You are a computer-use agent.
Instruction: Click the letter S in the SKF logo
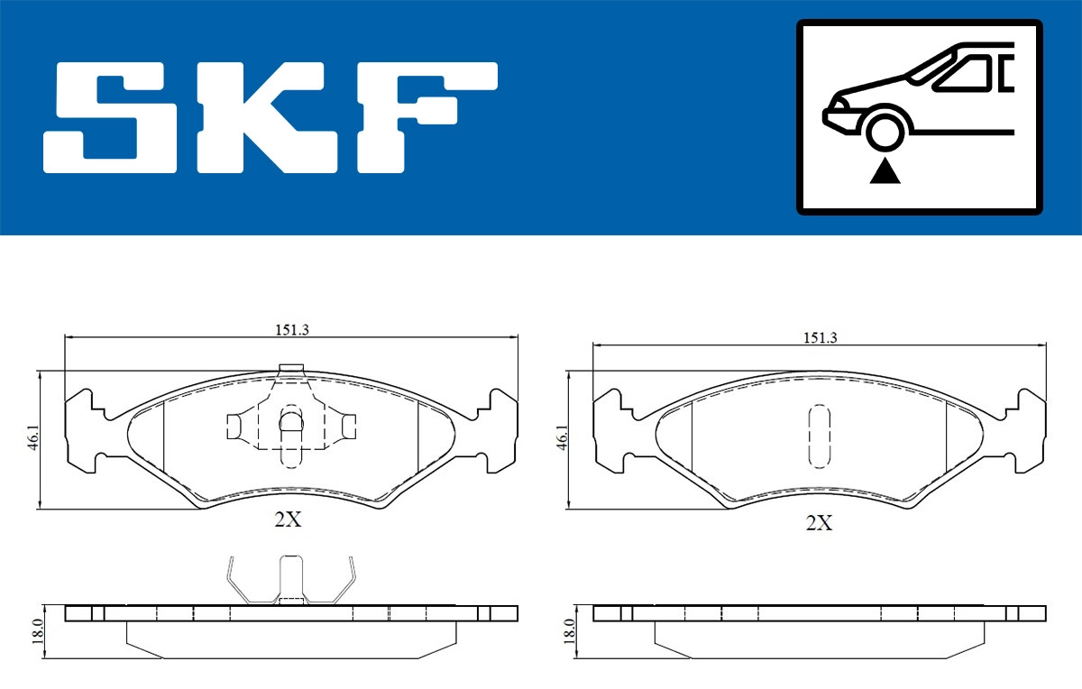click(110, 118)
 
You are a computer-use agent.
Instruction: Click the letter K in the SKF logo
click(270, 118)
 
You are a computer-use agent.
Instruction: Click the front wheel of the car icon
click(885, 133)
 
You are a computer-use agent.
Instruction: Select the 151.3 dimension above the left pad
click(292, 330)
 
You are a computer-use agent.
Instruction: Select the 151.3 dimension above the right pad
click(820, 337)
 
